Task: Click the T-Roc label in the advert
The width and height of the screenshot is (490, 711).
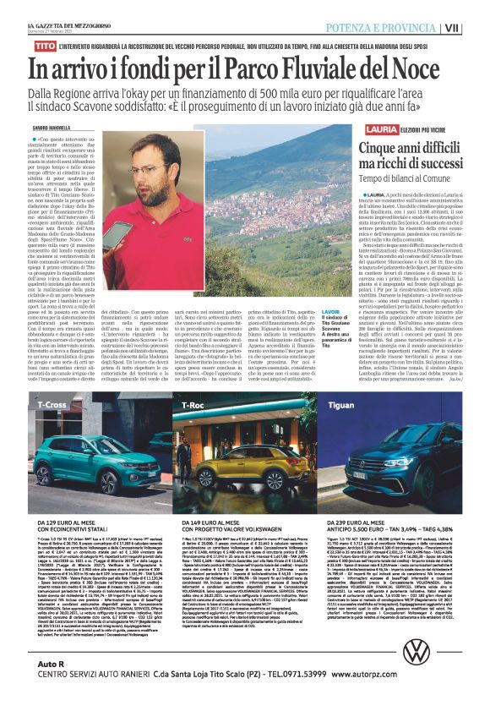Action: point(190,405)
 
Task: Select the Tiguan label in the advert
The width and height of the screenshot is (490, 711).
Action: point(345,405)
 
